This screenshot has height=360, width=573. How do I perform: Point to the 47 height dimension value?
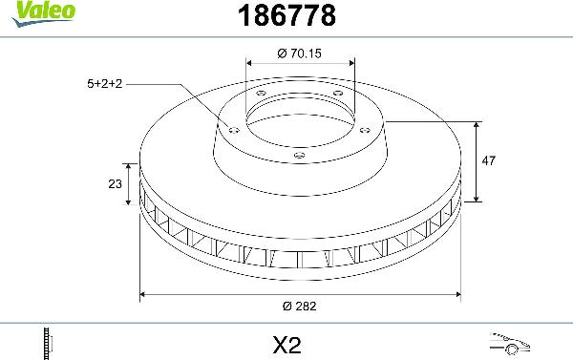489,162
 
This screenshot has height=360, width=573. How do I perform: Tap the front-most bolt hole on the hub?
299,155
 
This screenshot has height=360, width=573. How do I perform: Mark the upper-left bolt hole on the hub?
260,93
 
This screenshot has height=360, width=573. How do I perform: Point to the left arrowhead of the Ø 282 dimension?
144,294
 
